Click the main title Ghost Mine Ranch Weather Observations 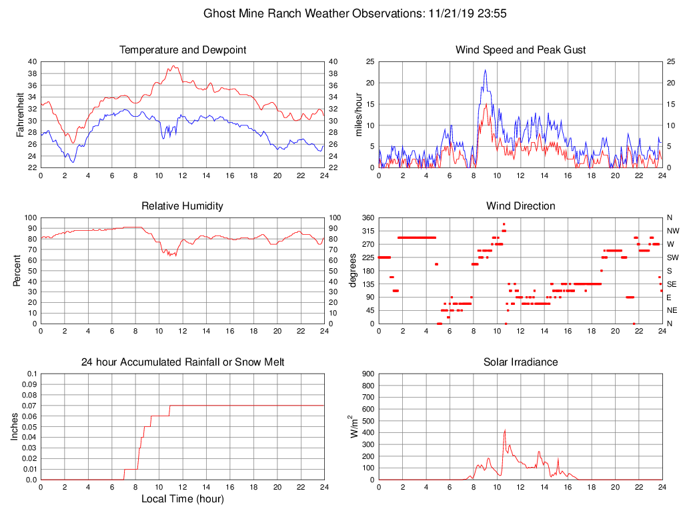click(x=355, y=13)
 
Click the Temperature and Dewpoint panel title click(x=182, y=50)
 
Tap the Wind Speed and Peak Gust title click(x=520, y=50)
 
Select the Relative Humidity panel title click(x=182, y=206)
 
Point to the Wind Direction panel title click(x=520, y=206)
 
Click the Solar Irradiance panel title click(x=520, y=362)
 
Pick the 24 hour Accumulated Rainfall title click(x=182, y=362)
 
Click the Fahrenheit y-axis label click(x=20, y=114)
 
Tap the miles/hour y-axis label click(x=358, y=114)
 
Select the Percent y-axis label click(x=20, y=270)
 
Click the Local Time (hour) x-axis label click(x=182, y=499)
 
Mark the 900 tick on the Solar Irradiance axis click(x=367, y=374)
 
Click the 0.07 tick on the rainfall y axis click(x=29, y=406)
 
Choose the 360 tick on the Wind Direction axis click(x=367, y=218)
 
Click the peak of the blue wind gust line click(x=485, y=70)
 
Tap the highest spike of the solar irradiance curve click(x=505, y=430)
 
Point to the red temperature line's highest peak click(x=173, y=66)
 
